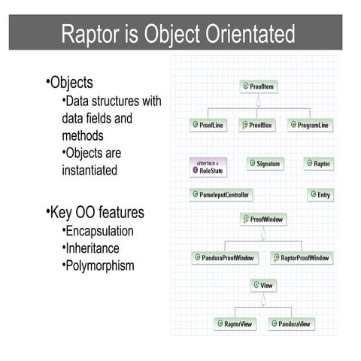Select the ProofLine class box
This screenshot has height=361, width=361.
coord(208,125)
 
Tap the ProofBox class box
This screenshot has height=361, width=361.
coord(257,125)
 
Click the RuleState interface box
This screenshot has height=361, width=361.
coord(208,166)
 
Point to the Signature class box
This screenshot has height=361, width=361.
coord(265,163)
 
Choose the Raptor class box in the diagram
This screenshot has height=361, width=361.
coord(318,163)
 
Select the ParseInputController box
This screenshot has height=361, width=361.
coord(221,194)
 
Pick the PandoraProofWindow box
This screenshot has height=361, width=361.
coord(225,258)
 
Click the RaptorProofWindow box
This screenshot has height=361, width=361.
coord(301,258)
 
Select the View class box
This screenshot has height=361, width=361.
coord(263,286)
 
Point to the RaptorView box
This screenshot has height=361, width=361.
coord(235,324)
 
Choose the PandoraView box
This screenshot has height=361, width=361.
coord(291,324)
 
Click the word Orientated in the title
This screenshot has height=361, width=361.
coord(251,34)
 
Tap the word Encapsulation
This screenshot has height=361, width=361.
coord(99,231)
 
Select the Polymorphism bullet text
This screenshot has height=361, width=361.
coord(101,265)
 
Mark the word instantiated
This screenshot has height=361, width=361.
coord(89,170)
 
